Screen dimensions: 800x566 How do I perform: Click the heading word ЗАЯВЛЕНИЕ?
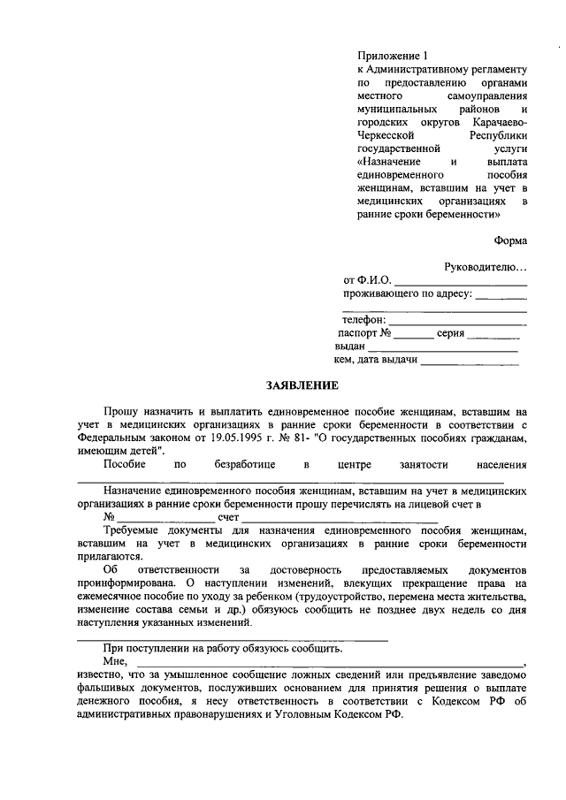pyautogui.click(x=303, y=385)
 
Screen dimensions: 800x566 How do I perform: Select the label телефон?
pyautogui.click(x=363, y=319)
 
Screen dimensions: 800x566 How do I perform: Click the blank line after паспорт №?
pyautogui.click(x=414, y=337)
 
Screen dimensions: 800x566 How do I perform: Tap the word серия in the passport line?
pyautogui.click(x=450, y=333)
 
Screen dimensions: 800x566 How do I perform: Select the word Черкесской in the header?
pyautogui.click(x=385, y=136)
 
